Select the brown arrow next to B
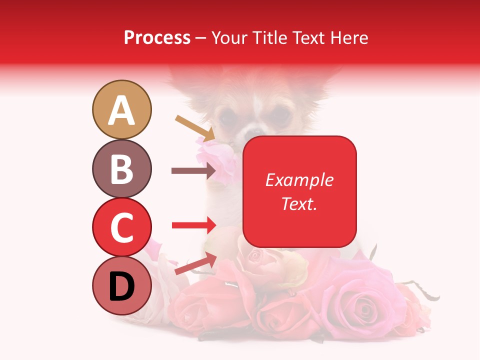[193, 171]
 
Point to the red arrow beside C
[193, 225]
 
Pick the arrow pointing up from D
[195, 263]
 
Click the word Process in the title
[157, 37]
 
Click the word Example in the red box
[299, 180]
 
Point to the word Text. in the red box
[299, 203]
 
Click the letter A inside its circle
[121, 110]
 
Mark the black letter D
[121, 287]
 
